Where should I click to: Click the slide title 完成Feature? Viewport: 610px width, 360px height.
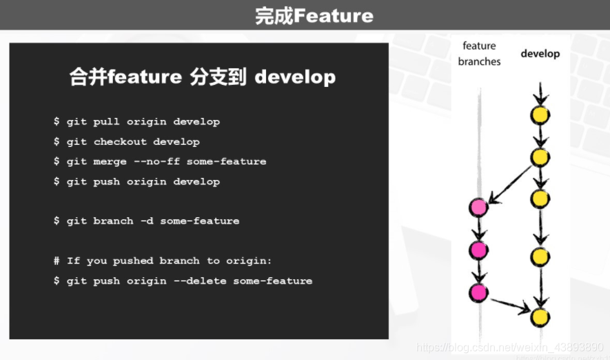pos(314,15)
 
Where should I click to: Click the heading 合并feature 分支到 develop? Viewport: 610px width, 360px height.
pos(203,77)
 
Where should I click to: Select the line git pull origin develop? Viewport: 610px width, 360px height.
pos(136,122)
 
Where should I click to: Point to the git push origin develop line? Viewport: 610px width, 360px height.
pos(136,182)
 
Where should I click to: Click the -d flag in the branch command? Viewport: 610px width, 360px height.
pos(146,221)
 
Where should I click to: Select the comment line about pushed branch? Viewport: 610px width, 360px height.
pos(163,261)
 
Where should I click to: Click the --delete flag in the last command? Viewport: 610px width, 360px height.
pos(200,281)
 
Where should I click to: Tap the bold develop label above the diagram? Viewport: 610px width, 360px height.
pos(540,54)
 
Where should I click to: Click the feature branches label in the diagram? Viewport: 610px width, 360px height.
pos(479,54)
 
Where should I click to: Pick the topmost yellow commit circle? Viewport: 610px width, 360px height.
pos(540,115)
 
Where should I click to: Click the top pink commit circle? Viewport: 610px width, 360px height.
pos(478,206)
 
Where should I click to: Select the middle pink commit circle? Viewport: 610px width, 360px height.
pos(478,250)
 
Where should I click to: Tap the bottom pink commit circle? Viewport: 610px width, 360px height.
pos(478,292)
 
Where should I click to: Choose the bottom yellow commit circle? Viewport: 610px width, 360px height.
pos(540,317)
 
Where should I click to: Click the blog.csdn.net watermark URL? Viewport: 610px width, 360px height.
pos(510,347)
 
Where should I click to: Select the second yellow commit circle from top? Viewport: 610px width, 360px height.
pos(540,157)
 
